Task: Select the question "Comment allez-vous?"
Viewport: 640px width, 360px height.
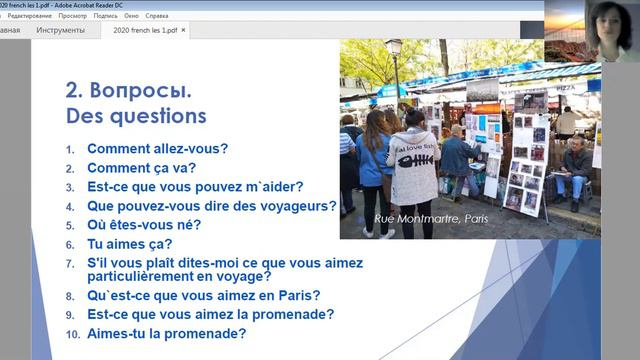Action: click(x=157, y=149)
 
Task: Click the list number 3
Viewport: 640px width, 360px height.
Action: click(x=71, y=188)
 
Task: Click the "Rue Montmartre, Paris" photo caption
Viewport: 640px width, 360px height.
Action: click(x=431, y=218)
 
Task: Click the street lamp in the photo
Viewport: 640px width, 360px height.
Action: click(x=396, y=60)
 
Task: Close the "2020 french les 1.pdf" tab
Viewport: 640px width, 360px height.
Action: click(x=183, y=30)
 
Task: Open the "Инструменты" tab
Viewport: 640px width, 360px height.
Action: click(x=60, y=30)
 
